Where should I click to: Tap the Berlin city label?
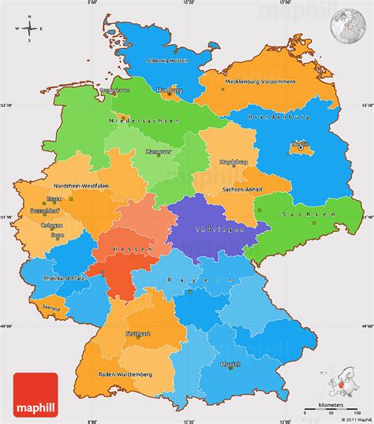pos(299,144)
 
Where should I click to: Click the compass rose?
pos(30,30)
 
